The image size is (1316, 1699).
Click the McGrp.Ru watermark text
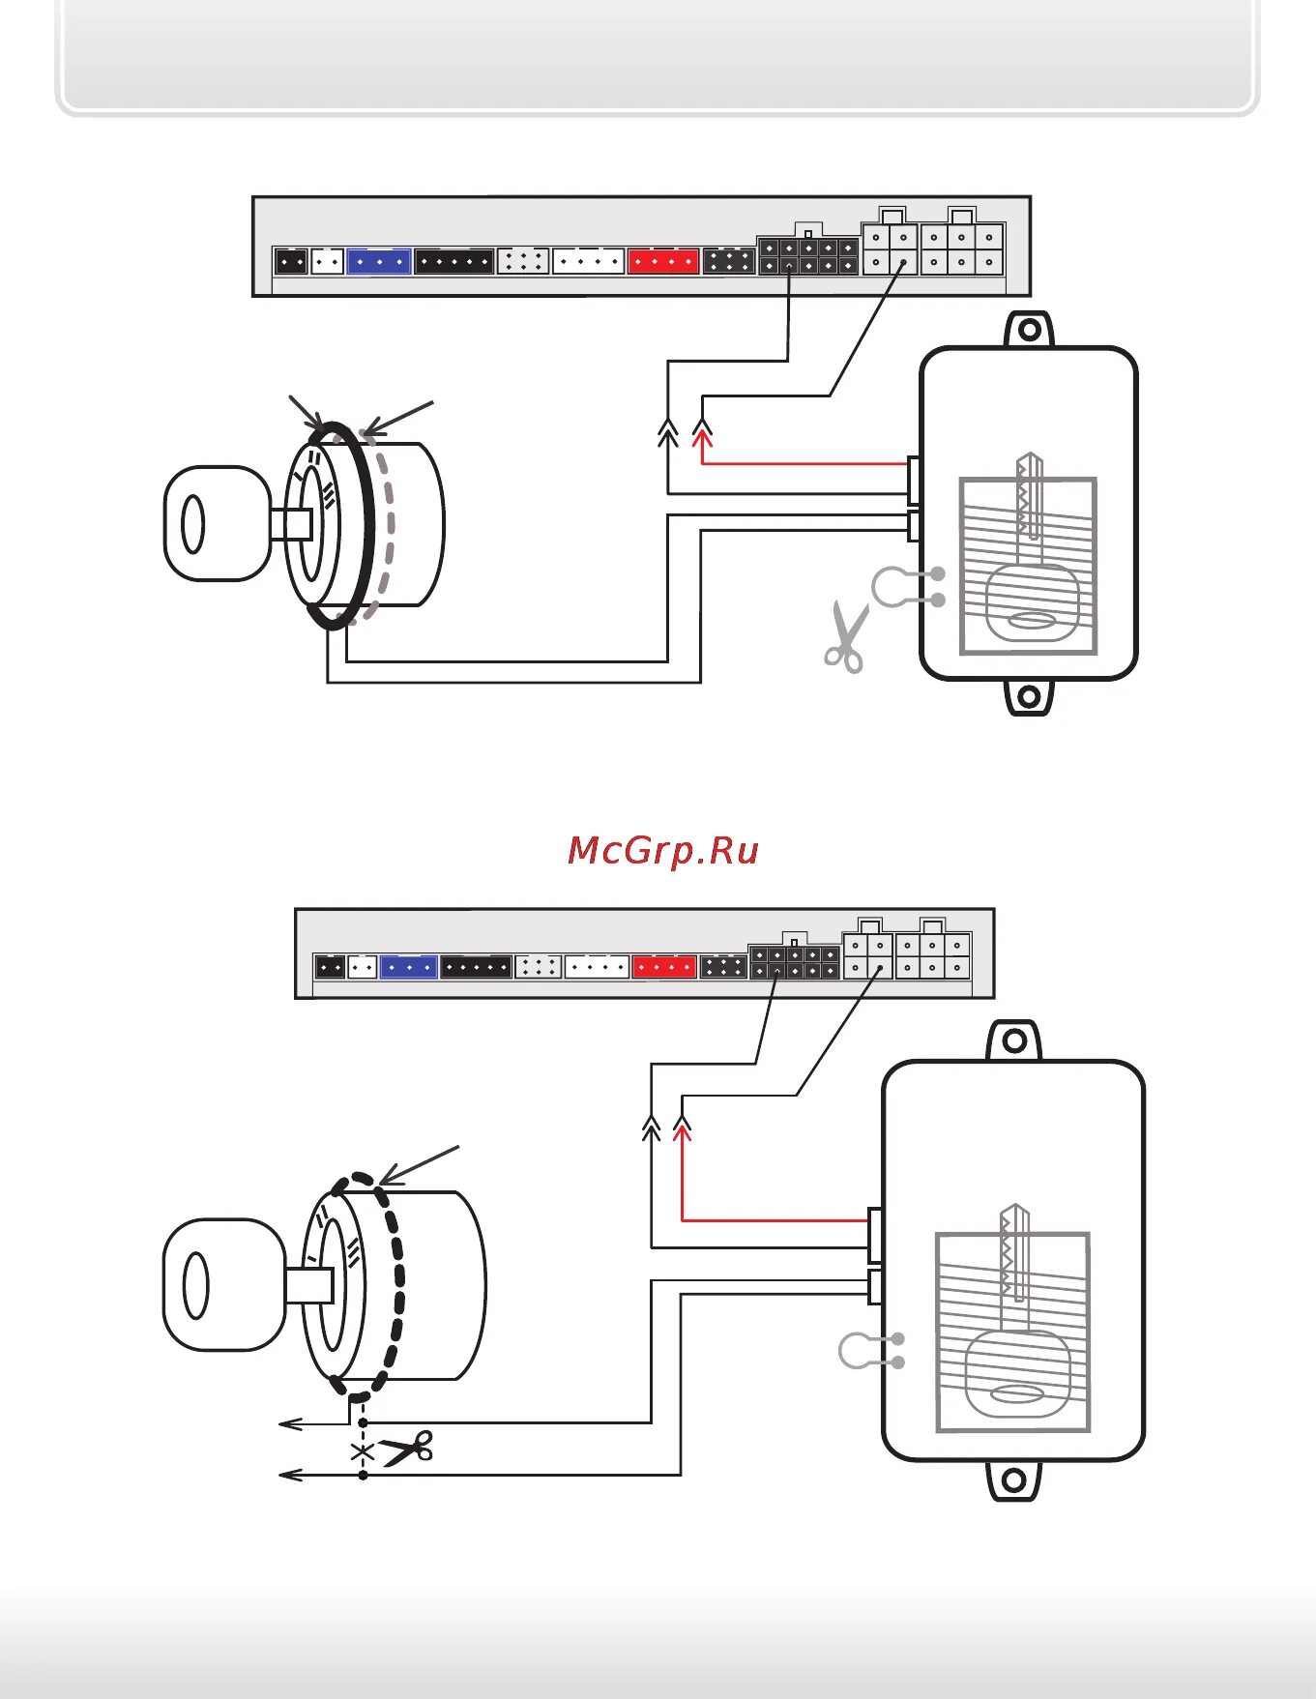[663, 851]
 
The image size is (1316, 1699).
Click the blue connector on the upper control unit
[379, 261]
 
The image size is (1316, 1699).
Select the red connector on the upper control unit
[663, 261]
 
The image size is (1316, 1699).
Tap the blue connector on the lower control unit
[409, 966]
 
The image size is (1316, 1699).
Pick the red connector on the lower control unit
[664, 966]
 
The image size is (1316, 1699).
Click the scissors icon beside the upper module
[846, 636]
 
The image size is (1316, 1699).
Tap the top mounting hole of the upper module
[1030, 331]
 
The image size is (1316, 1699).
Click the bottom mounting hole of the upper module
[1030, 696]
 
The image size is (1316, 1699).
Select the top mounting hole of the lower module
[1014, 1041]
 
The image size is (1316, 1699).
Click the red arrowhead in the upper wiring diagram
[703, 437]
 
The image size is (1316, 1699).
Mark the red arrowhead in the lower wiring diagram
[682, 1127]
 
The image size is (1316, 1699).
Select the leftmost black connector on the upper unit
[291, 261]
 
